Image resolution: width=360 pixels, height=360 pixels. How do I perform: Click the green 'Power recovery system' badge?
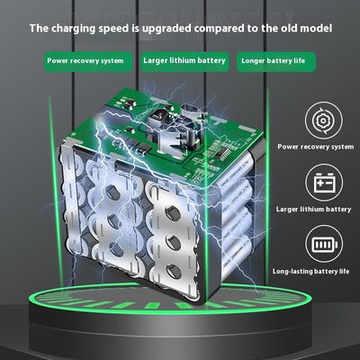[x=88, y=62]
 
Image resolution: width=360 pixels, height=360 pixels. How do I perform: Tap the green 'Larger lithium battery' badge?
[x=184, y=62]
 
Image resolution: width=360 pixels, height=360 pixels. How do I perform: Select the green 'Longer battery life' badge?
[x=276, y=62]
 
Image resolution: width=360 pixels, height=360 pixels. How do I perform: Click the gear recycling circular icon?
[x=324, y=121]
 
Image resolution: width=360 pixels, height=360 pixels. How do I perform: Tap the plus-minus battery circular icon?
[x=324, y=183]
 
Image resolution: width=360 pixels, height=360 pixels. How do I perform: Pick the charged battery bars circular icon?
[x=324, y=244]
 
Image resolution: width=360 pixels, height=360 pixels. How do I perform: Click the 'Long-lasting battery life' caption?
[x=310, y=272]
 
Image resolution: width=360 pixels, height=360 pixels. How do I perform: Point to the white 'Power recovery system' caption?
[x=315, y=147]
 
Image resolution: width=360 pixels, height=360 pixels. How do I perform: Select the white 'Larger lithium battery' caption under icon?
[x=313, y=209]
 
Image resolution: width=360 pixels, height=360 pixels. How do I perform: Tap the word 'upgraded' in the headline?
[x=166, y=29]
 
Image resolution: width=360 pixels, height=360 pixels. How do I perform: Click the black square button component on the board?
[x=157, y=116]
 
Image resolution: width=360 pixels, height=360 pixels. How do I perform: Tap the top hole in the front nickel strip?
[x=173, y=213]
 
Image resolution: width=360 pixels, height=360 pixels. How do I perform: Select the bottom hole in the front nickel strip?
[x=175, y=271]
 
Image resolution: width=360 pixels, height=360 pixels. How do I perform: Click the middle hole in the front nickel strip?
[x=174, y=243]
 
